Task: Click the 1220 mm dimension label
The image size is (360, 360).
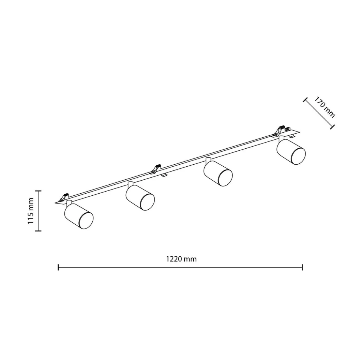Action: (x=181, y=259)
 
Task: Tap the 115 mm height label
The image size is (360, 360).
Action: (x=30, y=211)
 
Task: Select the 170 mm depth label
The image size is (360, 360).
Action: (x=324, y=107)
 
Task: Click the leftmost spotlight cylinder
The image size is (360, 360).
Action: (x=79, y=216)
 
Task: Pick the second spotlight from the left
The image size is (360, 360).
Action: (x=140, y=197)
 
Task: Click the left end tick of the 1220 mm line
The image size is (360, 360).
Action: (x=58, y=267)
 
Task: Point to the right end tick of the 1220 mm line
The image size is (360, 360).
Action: (x=302, y=267)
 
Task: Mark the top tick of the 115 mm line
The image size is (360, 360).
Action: (x=38, y=191)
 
